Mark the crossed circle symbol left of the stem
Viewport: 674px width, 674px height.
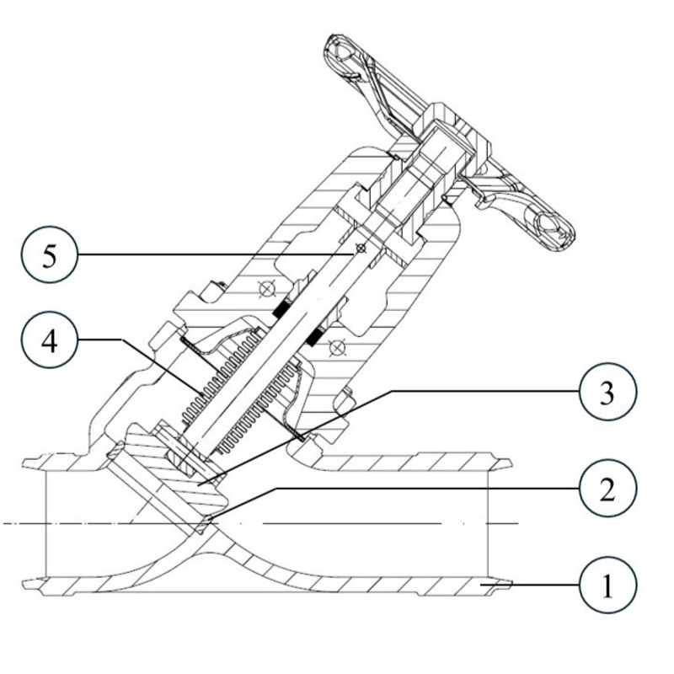tap(267, 289)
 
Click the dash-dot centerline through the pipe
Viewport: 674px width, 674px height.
tap(337, 524)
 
